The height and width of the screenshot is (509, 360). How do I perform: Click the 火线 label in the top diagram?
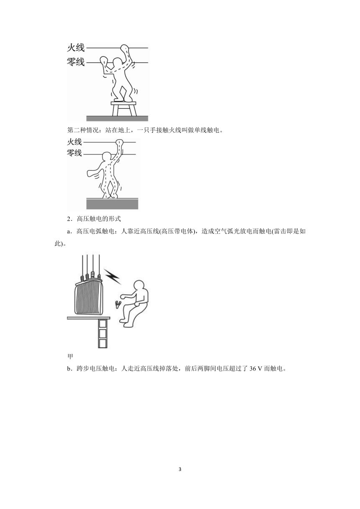click(76, 48)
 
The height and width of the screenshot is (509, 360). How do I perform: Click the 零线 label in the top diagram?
click(76, 62)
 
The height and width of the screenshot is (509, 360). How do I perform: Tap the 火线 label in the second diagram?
click(75, 142)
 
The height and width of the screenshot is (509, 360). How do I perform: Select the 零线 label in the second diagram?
click(75, 153)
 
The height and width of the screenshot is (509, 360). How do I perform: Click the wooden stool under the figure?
click(123, 108)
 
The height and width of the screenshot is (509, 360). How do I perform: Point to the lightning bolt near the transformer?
click(112, 276)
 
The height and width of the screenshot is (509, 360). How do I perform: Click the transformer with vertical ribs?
click(89, 296)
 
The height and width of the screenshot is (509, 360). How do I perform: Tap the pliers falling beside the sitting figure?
click(118, 304)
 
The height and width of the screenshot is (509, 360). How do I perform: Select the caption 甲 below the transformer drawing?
click(70, 357)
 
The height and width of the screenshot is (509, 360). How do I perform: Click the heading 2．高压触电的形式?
click(94, 219)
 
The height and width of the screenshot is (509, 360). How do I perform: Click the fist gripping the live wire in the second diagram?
click(119, 142)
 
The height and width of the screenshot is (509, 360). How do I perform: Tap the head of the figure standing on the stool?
click(118, 62)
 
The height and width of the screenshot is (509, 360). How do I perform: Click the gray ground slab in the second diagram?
click(112, 203)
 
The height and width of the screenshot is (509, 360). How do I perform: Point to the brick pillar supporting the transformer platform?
click(103, 334)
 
